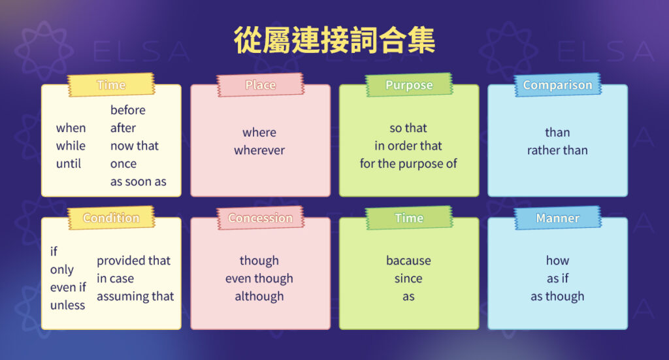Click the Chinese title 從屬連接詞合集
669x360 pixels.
click(x=334, y=41)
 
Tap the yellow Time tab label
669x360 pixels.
click(x=111, y=85)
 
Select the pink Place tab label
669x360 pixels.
click(x=260, y=85)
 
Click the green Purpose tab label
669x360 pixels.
click(x=409, y=85)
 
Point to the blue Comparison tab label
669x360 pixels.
click(x=557, y=85)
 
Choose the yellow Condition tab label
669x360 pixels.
click(x=111, y=218)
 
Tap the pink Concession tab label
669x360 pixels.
click(x=260, y=218)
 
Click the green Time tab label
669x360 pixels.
click(x=409, y=218)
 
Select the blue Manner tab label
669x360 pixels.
click(x=557, y=218)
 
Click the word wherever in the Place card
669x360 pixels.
click(x=259, y=150)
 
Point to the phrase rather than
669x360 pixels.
click(x=557, y=150)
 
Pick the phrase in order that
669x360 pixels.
click(x=408, y=146)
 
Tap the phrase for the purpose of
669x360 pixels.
click(x=408, y=163)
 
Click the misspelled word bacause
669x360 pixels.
click(x=408, y=261)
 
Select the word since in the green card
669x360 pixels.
click(x=408, y=278)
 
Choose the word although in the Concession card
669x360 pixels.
click(x=259, y=296)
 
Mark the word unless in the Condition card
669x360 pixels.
click(x=68, y=305)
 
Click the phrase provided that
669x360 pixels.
click(x=134, y=261)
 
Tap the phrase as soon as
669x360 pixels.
click(x=139, y=182)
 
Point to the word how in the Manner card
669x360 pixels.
click(x=557, y=261)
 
